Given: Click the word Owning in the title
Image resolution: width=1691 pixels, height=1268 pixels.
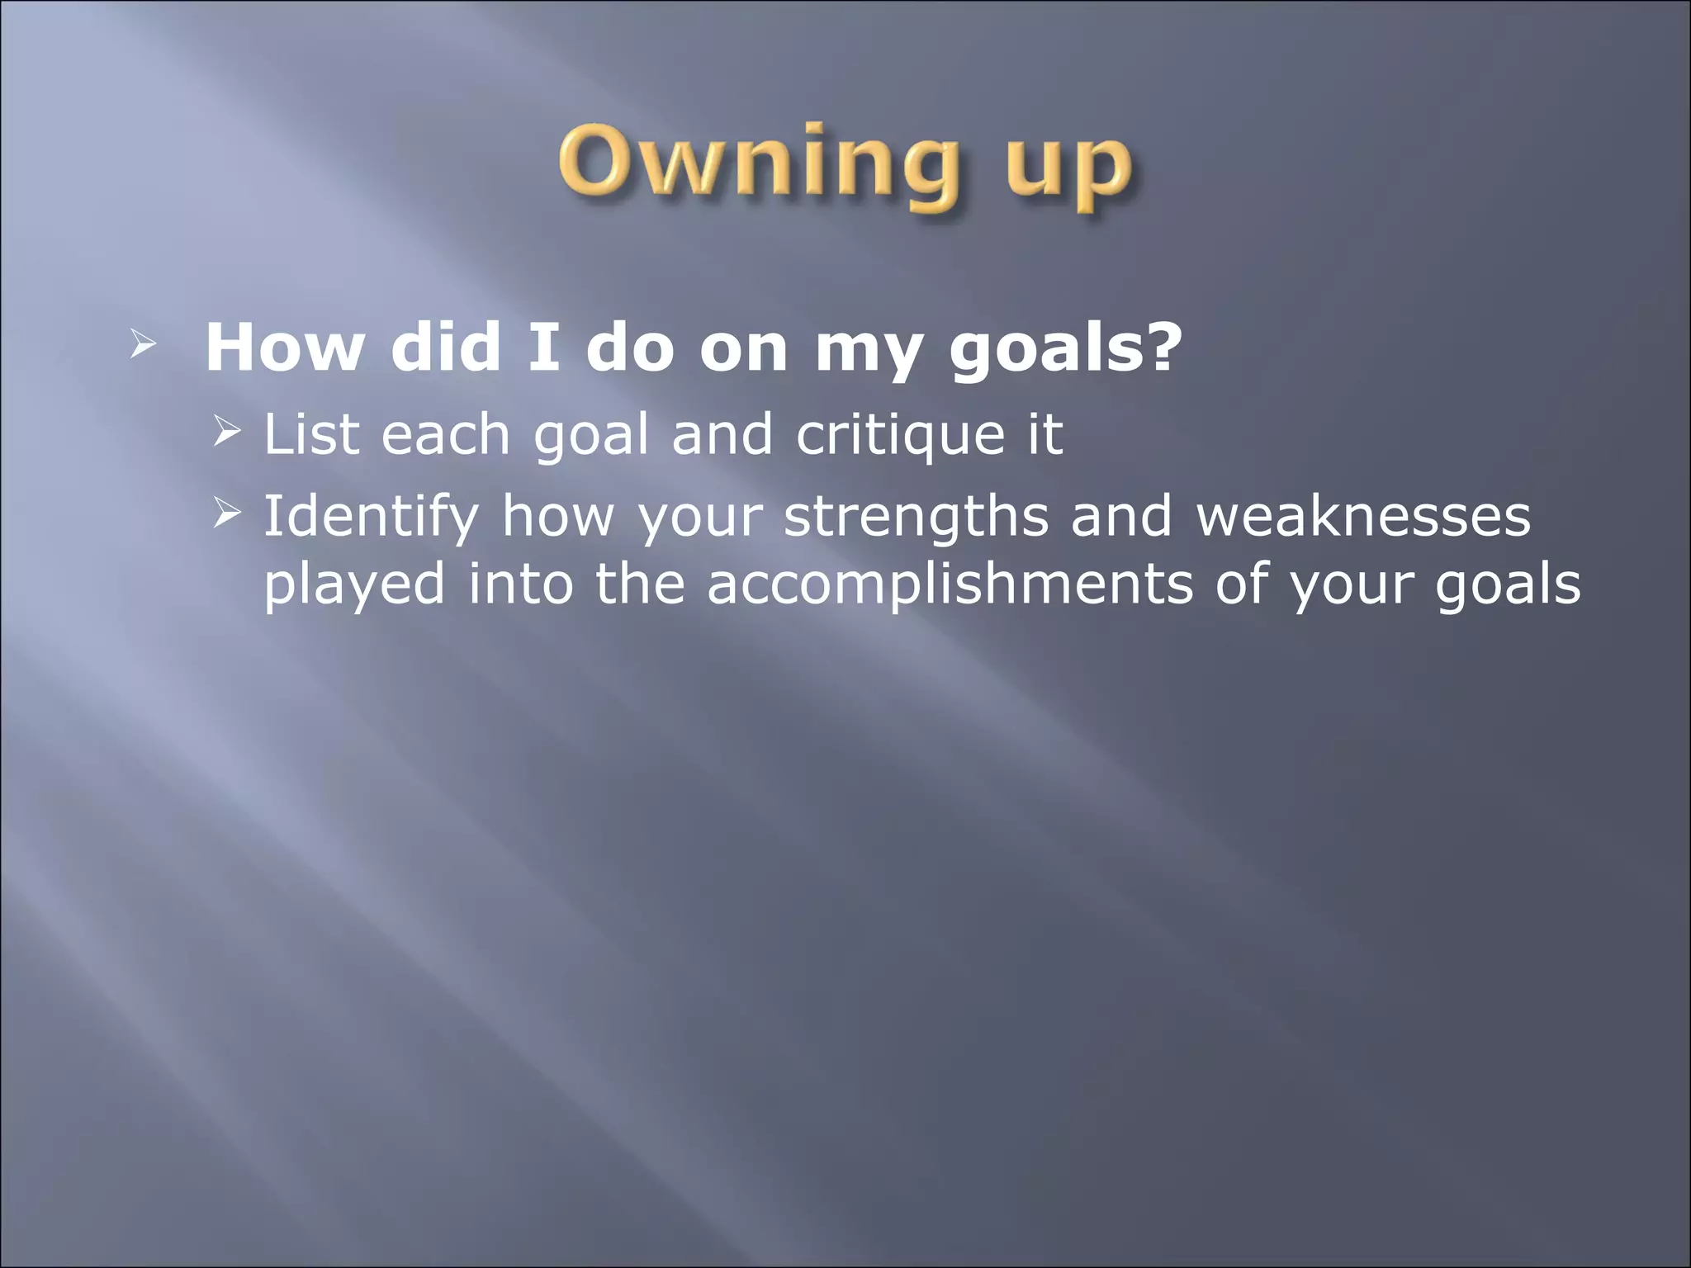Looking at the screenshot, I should [x=758, y=165].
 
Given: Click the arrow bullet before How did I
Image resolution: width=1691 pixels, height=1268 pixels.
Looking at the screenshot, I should [x=142, y=347].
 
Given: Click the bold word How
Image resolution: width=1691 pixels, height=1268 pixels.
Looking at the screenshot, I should [x=283, y=348].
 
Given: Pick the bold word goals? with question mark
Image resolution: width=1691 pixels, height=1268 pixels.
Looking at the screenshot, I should [x=1065, y=351].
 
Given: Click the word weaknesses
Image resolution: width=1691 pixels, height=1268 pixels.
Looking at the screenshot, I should [x=1363, y=517].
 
